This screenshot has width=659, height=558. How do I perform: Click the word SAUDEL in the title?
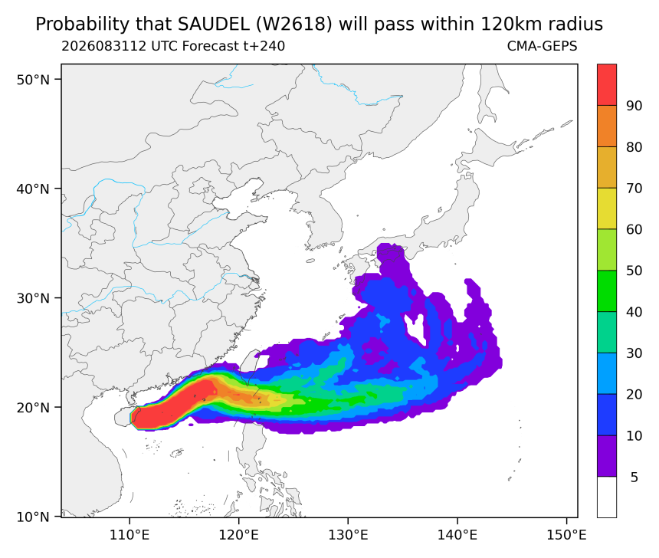213,25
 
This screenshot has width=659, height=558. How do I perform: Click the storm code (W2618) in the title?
293,25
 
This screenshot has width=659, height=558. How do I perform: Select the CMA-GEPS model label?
543,46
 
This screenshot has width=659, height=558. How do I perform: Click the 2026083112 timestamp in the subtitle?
103,46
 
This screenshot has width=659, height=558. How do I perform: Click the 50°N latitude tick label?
33,80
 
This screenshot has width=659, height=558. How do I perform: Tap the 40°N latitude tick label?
33,189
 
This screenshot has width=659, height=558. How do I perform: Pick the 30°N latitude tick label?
33,298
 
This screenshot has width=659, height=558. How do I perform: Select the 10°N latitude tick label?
33,517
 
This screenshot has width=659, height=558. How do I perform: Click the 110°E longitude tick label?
130,535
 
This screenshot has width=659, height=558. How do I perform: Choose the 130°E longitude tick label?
348,535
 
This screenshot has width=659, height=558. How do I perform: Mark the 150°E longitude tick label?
566,535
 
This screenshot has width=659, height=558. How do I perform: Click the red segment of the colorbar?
607,84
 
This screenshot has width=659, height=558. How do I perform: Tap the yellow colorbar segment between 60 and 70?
607,208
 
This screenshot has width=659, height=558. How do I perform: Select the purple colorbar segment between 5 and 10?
607,455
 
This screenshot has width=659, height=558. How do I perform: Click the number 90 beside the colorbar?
634,106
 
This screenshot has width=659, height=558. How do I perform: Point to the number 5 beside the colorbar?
634,478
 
